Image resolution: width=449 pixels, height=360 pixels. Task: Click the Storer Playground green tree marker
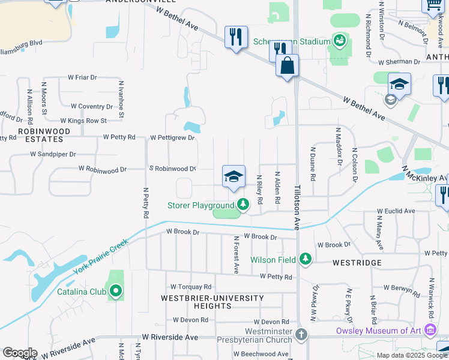point(243,205)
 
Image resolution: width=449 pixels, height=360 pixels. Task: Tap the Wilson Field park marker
point(306,259)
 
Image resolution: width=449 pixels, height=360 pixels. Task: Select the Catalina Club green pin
point(116,292)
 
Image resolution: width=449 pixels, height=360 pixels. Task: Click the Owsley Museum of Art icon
point(430,330)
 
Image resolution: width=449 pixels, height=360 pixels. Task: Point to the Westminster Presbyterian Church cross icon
point(301,334)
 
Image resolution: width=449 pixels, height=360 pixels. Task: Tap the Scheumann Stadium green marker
point(339,41)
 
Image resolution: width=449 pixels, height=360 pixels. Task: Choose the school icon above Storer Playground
point(234,176)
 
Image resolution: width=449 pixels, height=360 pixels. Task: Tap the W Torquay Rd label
point(191,287)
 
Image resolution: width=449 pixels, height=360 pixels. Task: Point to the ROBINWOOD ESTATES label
point(40,134)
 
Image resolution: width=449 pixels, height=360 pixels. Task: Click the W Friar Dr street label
point(82,77)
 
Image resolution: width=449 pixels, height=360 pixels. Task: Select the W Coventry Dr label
point(91,106)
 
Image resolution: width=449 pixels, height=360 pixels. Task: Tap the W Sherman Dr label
point(399,62)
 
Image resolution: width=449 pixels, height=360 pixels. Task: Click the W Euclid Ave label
point(396,211)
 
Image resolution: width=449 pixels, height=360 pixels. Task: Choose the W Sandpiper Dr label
point(53,154)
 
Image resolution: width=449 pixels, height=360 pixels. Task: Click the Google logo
point(20,353)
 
